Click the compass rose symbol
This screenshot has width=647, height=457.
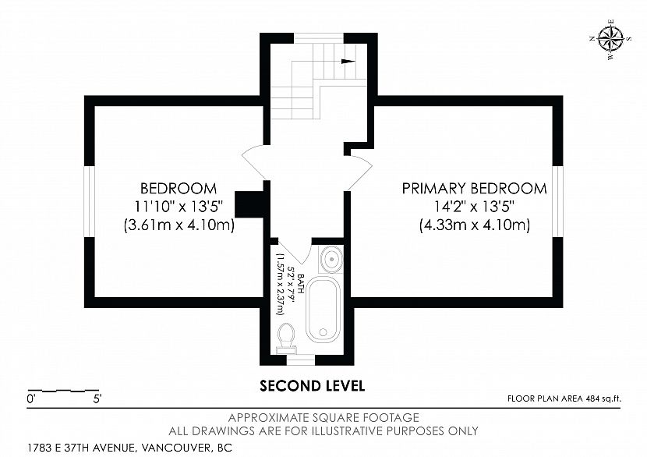(x=610, y=40)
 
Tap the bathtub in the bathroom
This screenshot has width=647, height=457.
(x=323, y=310)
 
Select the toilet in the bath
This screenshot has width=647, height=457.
(x=286, y=338)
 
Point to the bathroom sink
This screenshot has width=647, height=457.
(x=331, y=259)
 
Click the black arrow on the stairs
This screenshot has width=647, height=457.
(x=348, y=62)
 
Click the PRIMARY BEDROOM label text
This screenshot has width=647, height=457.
(x=475, y=188)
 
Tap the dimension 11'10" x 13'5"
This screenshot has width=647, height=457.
(x=179, y=207)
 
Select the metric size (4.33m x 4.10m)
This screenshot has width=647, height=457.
(x=475, y=225)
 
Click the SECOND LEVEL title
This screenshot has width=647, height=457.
(x=313, y=386)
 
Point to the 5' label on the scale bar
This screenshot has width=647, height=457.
(x=97, y=399)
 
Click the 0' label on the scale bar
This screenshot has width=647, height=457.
(x=31, y=399)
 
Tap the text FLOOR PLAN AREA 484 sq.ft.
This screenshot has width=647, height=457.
(x=564, y=399)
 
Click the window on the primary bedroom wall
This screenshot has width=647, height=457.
(x=558, y=201)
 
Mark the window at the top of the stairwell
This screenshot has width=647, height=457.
(x=319, y=37)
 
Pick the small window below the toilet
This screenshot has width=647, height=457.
(x=301, y=360)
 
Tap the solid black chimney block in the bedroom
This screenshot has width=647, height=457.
(x=249, y=204)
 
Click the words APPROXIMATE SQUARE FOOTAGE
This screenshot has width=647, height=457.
(x=324, y=418)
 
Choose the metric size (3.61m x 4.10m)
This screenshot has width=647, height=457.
(x=179, y=225)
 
